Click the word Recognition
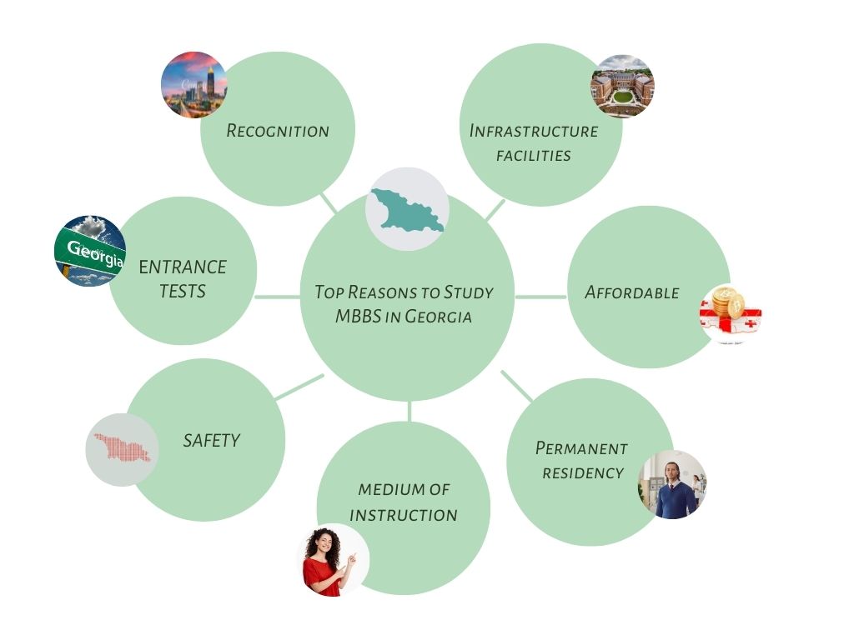[x=278, y=131]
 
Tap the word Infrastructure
[x=534, y=131]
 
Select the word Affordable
[x=631, y=292]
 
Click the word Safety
[x=211, y=440]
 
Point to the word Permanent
[x=581, y=448]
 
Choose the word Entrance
[x=183, y=267]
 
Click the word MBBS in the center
[x=358, y=317]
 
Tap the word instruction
[x=404, y=515]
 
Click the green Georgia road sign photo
[x=90, y=250]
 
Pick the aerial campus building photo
[x=622, y=87]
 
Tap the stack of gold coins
[x=726, y=302]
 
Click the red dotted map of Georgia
[x=122, y=448]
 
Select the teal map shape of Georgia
[x=407, y=210]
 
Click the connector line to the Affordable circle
[x=540, y=296]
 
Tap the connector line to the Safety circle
[x=298, y=387]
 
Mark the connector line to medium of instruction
[x=409, y=411]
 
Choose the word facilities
[x=534, y=155]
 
